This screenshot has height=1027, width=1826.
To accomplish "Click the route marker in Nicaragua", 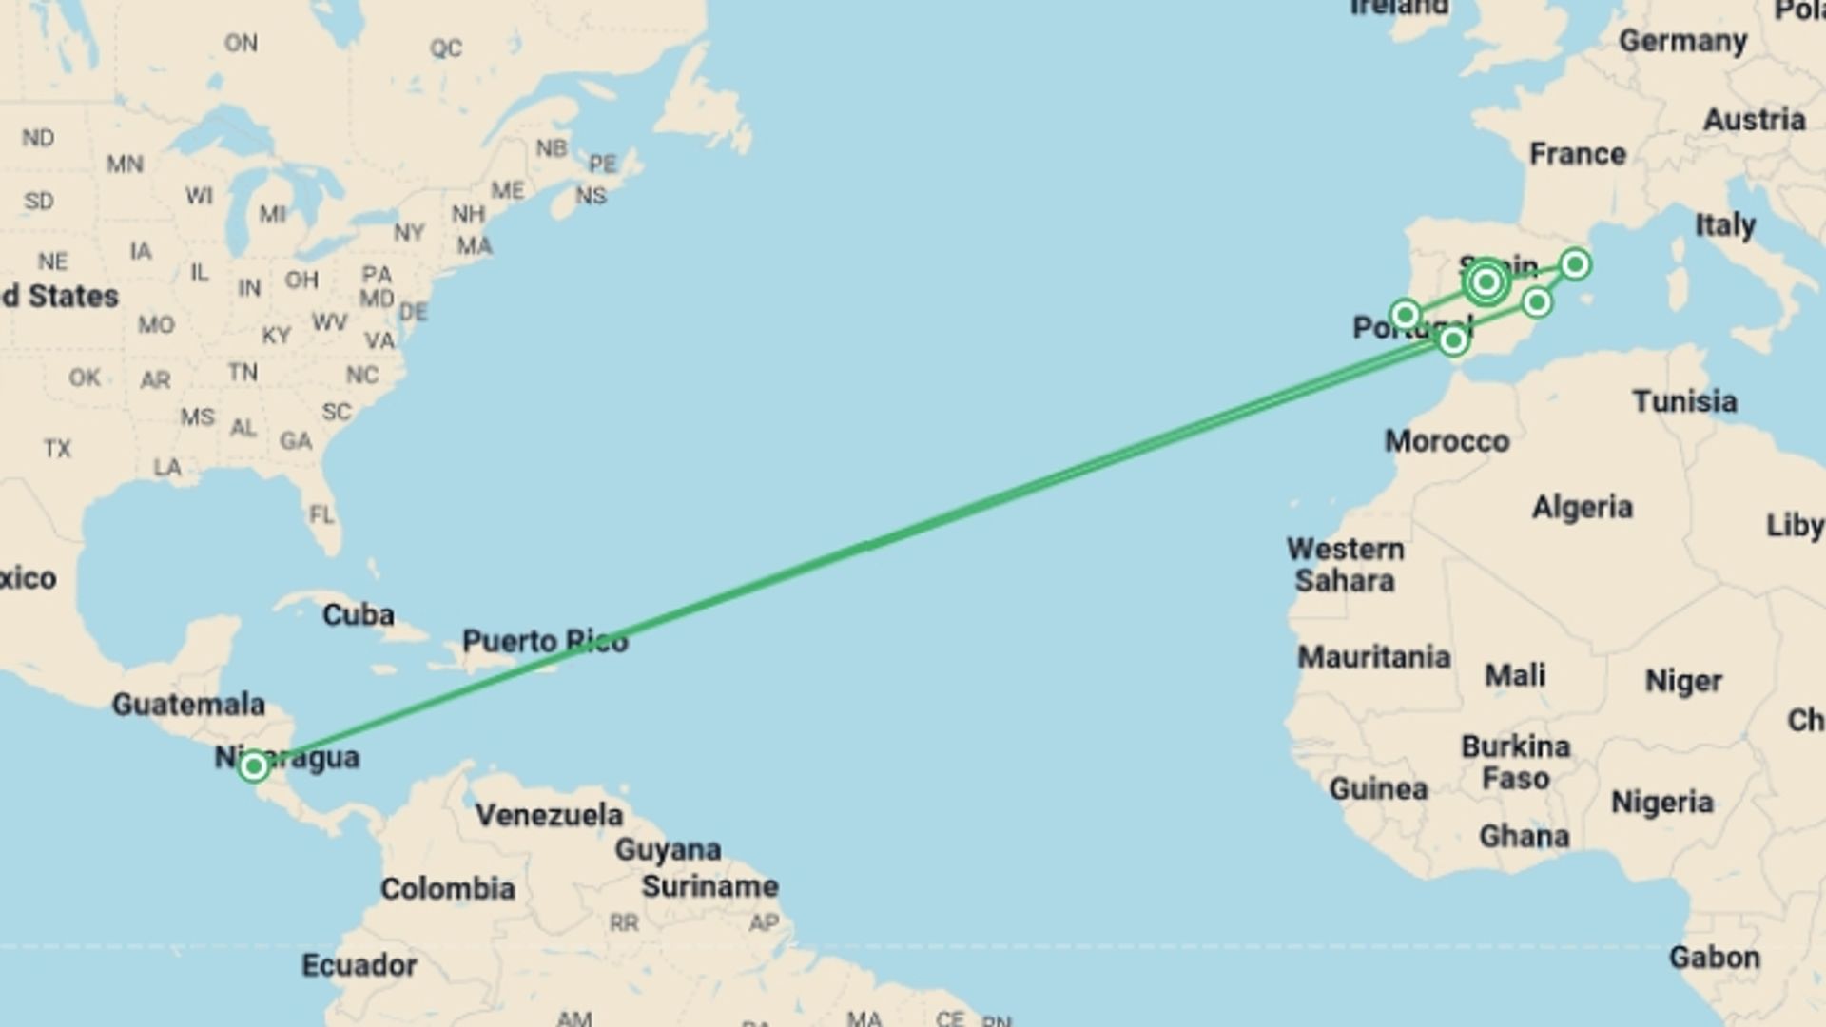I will coord(253,765).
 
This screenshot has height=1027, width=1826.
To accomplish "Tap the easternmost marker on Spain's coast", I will coord(1575,263).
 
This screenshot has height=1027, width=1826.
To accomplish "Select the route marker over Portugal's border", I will coord(1406,314).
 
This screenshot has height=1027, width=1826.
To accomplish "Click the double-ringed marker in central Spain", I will coord(1486,281).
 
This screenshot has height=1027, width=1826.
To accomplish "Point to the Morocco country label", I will coord(1447,441).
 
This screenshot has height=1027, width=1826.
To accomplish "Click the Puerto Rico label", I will coord(545,641).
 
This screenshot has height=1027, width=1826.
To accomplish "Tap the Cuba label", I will coord(359,614).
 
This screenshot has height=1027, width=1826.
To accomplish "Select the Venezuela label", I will coord(549,815).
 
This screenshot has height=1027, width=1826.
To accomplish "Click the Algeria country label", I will coord(1582,507).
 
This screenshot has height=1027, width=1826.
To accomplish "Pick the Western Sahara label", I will coord(1345,565).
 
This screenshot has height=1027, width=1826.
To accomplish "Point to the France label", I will coord(1577,154).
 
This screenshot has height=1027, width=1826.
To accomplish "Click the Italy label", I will coord(1724,225).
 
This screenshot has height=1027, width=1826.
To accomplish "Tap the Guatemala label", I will coord(188,705).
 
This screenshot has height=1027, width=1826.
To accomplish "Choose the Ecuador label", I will coord(359,965).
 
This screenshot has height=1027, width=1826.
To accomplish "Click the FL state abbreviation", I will coord(321,514).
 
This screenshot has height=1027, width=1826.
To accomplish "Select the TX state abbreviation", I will coord(57,448).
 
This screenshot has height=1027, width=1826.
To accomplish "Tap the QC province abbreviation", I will coord(445,48).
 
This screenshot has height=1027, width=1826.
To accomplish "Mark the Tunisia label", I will coord(1684,401).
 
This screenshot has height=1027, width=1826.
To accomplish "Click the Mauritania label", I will coord(1373,657).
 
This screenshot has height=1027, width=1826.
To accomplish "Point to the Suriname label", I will coord(709,886).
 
